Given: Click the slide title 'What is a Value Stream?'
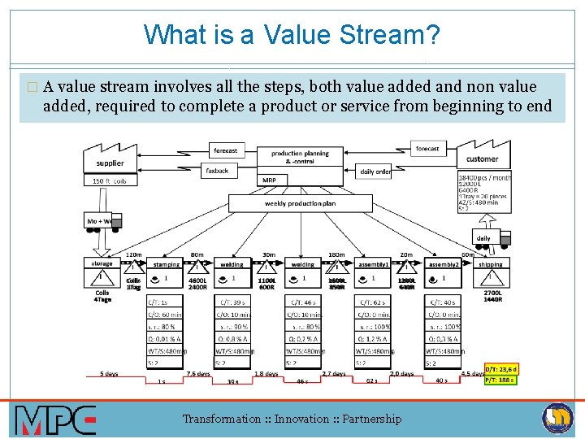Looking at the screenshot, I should (292, 35).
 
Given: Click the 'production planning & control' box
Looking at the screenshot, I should (300, 157).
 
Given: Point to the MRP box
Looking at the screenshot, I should (269, 180).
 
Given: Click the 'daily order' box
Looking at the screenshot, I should (375, 172).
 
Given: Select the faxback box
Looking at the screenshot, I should (217, 171).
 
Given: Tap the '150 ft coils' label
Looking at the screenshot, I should (109, 180).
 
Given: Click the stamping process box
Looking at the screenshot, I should (166, 264).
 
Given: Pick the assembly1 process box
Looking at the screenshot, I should (374, 264).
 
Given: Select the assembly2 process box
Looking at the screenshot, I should (444, 264).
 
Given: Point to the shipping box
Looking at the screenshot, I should (490, 264).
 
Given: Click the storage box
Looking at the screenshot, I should (102, 263).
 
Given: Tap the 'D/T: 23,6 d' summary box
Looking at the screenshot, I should (500, 368).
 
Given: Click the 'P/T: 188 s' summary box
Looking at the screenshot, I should (500, 379).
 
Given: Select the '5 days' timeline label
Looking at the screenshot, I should (109, 374).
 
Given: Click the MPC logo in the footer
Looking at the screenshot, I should (55, 419).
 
